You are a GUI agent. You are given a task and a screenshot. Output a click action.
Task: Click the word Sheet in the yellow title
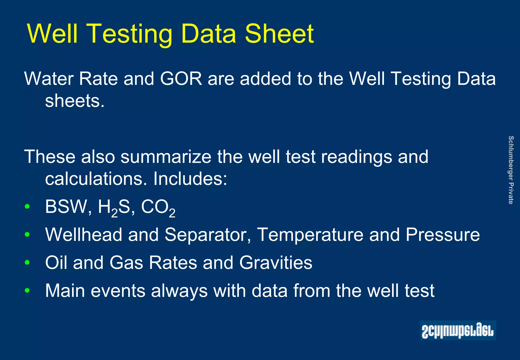279,34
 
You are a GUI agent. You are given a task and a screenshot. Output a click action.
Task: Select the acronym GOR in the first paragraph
181,79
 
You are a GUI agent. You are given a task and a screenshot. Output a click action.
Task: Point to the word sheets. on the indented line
75,101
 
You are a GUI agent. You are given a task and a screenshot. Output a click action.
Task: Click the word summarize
166,157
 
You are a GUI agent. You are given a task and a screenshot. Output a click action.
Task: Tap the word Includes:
190,179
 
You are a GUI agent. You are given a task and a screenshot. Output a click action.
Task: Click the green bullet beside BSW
27,206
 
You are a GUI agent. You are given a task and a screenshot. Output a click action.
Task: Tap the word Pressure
443,235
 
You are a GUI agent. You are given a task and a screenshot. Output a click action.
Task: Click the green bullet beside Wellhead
27,235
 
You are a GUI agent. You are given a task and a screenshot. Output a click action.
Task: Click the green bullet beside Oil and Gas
27,263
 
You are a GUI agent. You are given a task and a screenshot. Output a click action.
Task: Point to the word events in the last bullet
118,291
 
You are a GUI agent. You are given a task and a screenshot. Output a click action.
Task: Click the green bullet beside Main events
27,290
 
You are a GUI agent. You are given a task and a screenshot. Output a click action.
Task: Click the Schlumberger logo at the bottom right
458,330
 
